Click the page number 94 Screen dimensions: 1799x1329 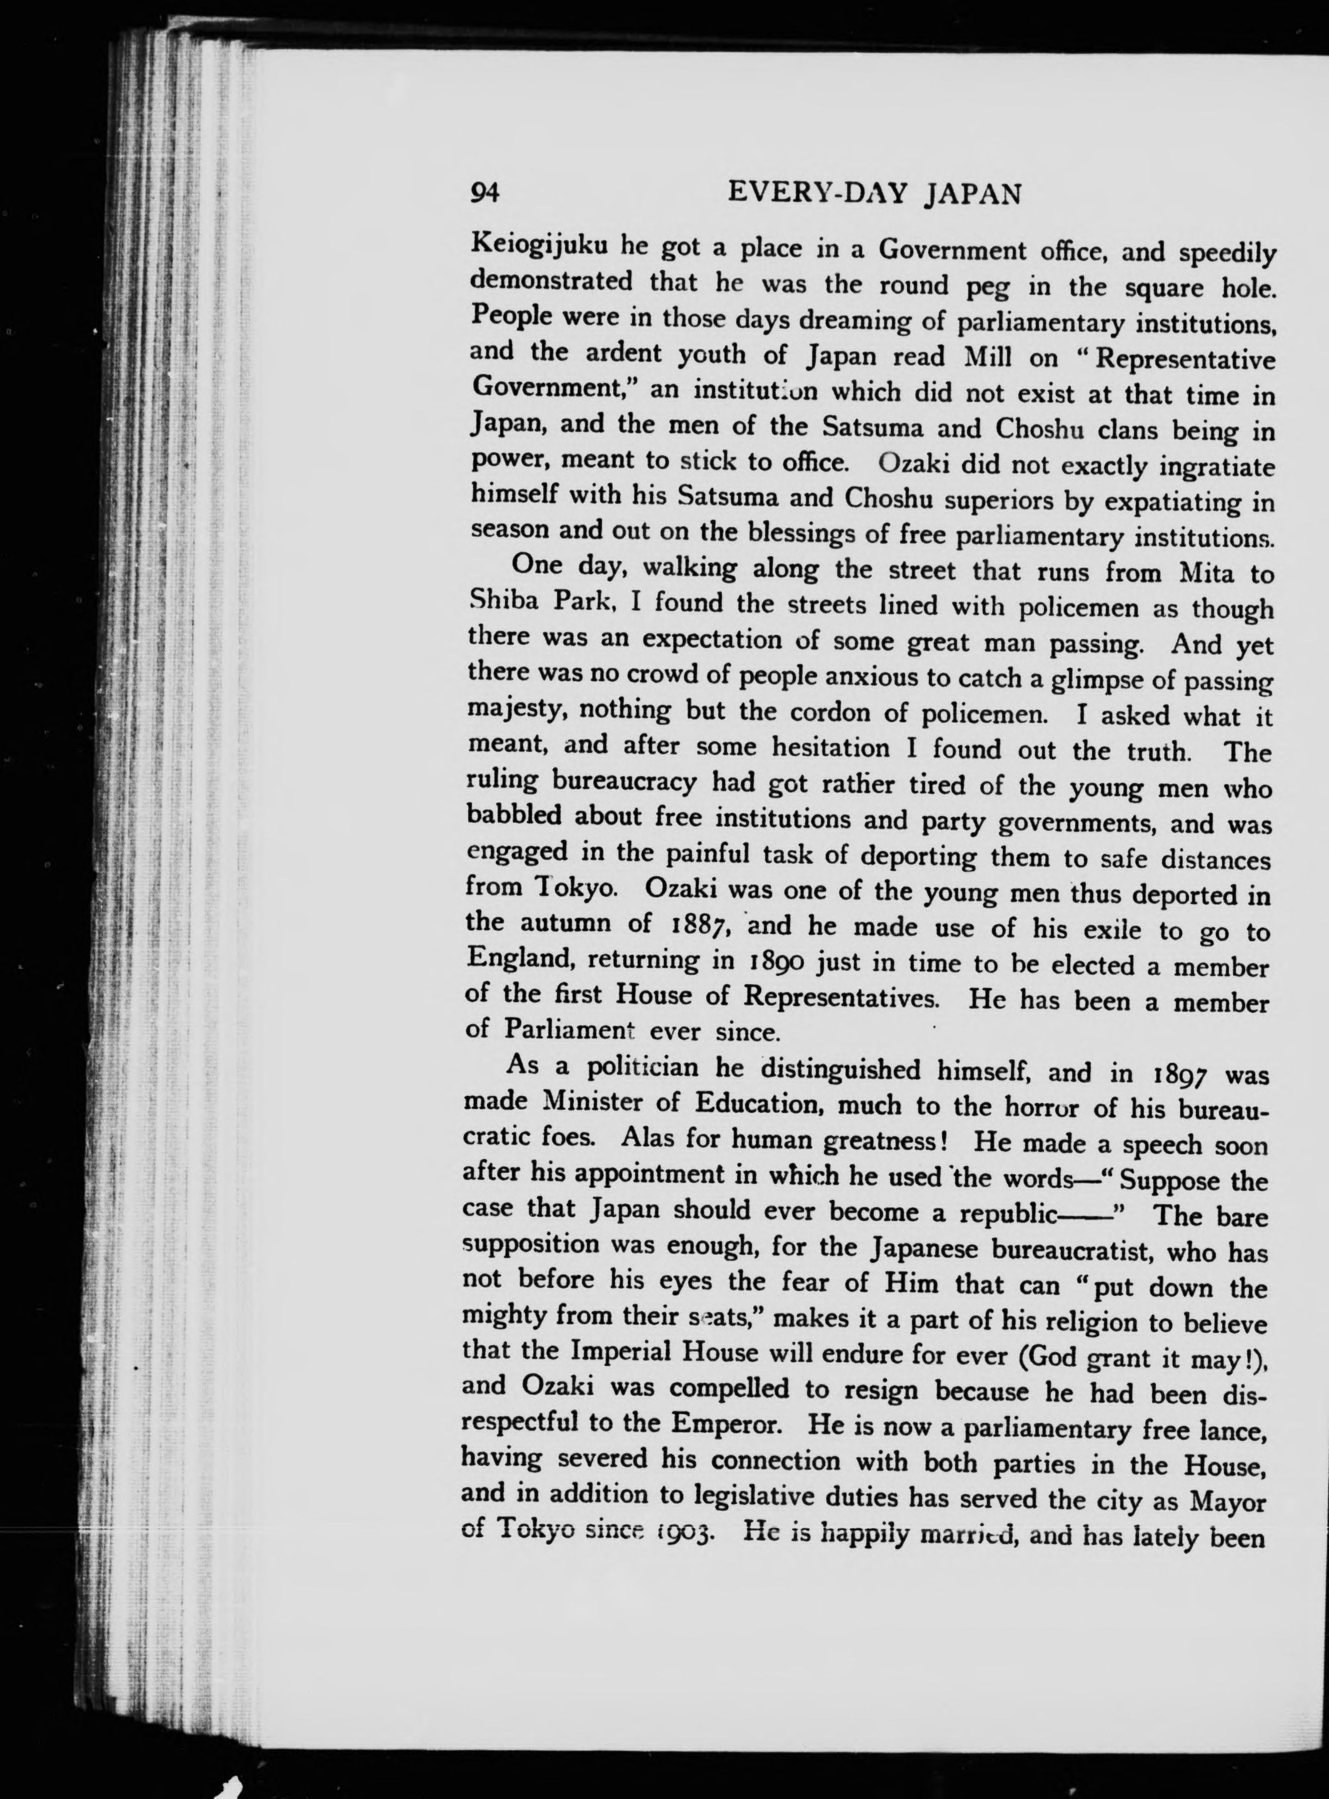coord(486,193)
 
